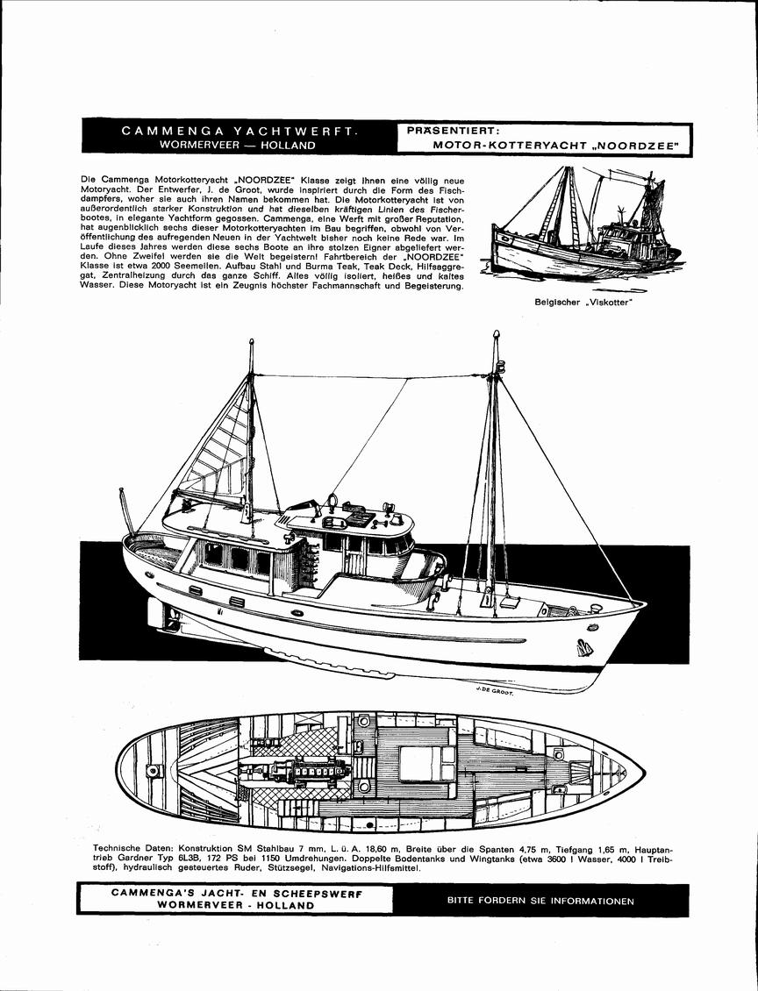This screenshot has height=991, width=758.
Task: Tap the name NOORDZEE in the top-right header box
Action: (637, 146)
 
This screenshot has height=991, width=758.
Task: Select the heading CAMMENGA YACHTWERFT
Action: (240, 131)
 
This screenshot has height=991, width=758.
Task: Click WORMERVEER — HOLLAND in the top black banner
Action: (238, 145)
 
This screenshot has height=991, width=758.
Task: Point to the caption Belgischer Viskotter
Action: (583, 302)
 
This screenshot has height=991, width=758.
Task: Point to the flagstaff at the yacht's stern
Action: (127, 511)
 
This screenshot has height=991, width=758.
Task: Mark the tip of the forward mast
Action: (497, 332)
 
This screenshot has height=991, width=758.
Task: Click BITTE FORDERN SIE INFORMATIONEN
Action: (540, 902)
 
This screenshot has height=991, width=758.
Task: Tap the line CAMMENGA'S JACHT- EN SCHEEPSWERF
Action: (237, 894)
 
